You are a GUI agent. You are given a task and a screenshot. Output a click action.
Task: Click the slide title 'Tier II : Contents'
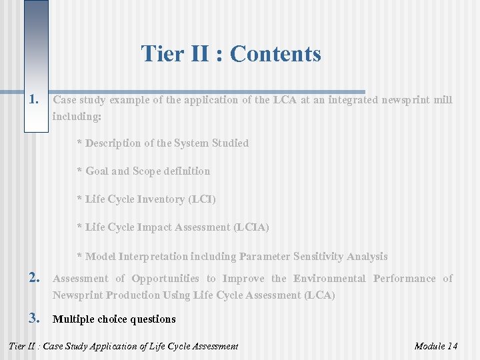tap(231, 53)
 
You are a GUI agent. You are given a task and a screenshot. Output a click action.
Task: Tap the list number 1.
tap(35, 100)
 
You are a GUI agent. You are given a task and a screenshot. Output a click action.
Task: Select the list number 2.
tap(35, 279)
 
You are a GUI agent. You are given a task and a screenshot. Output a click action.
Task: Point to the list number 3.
tap(35, 319)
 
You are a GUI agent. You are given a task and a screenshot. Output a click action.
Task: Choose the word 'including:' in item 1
tap(77, 116)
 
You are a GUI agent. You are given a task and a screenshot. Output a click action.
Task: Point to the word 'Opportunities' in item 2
tap(165, 279)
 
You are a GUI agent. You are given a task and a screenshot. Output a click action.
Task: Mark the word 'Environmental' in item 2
tap(329, 279)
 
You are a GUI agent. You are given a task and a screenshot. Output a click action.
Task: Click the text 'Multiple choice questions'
tap(114, 319)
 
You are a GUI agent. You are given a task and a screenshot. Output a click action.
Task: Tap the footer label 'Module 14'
tap(435, 346)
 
